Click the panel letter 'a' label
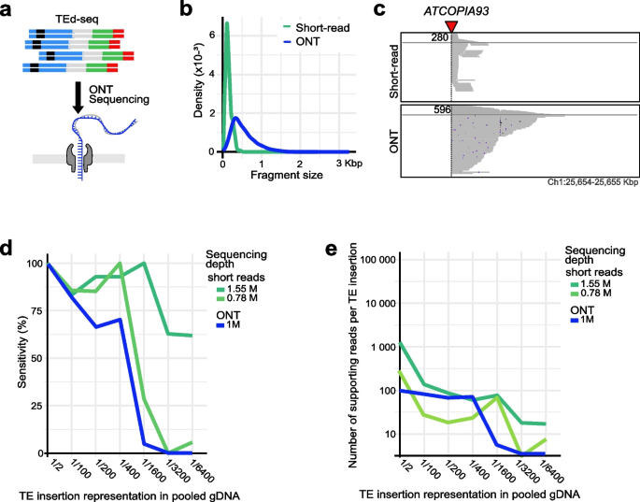[x=8, y=10]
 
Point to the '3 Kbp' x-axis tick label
[x=350, y=162]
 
